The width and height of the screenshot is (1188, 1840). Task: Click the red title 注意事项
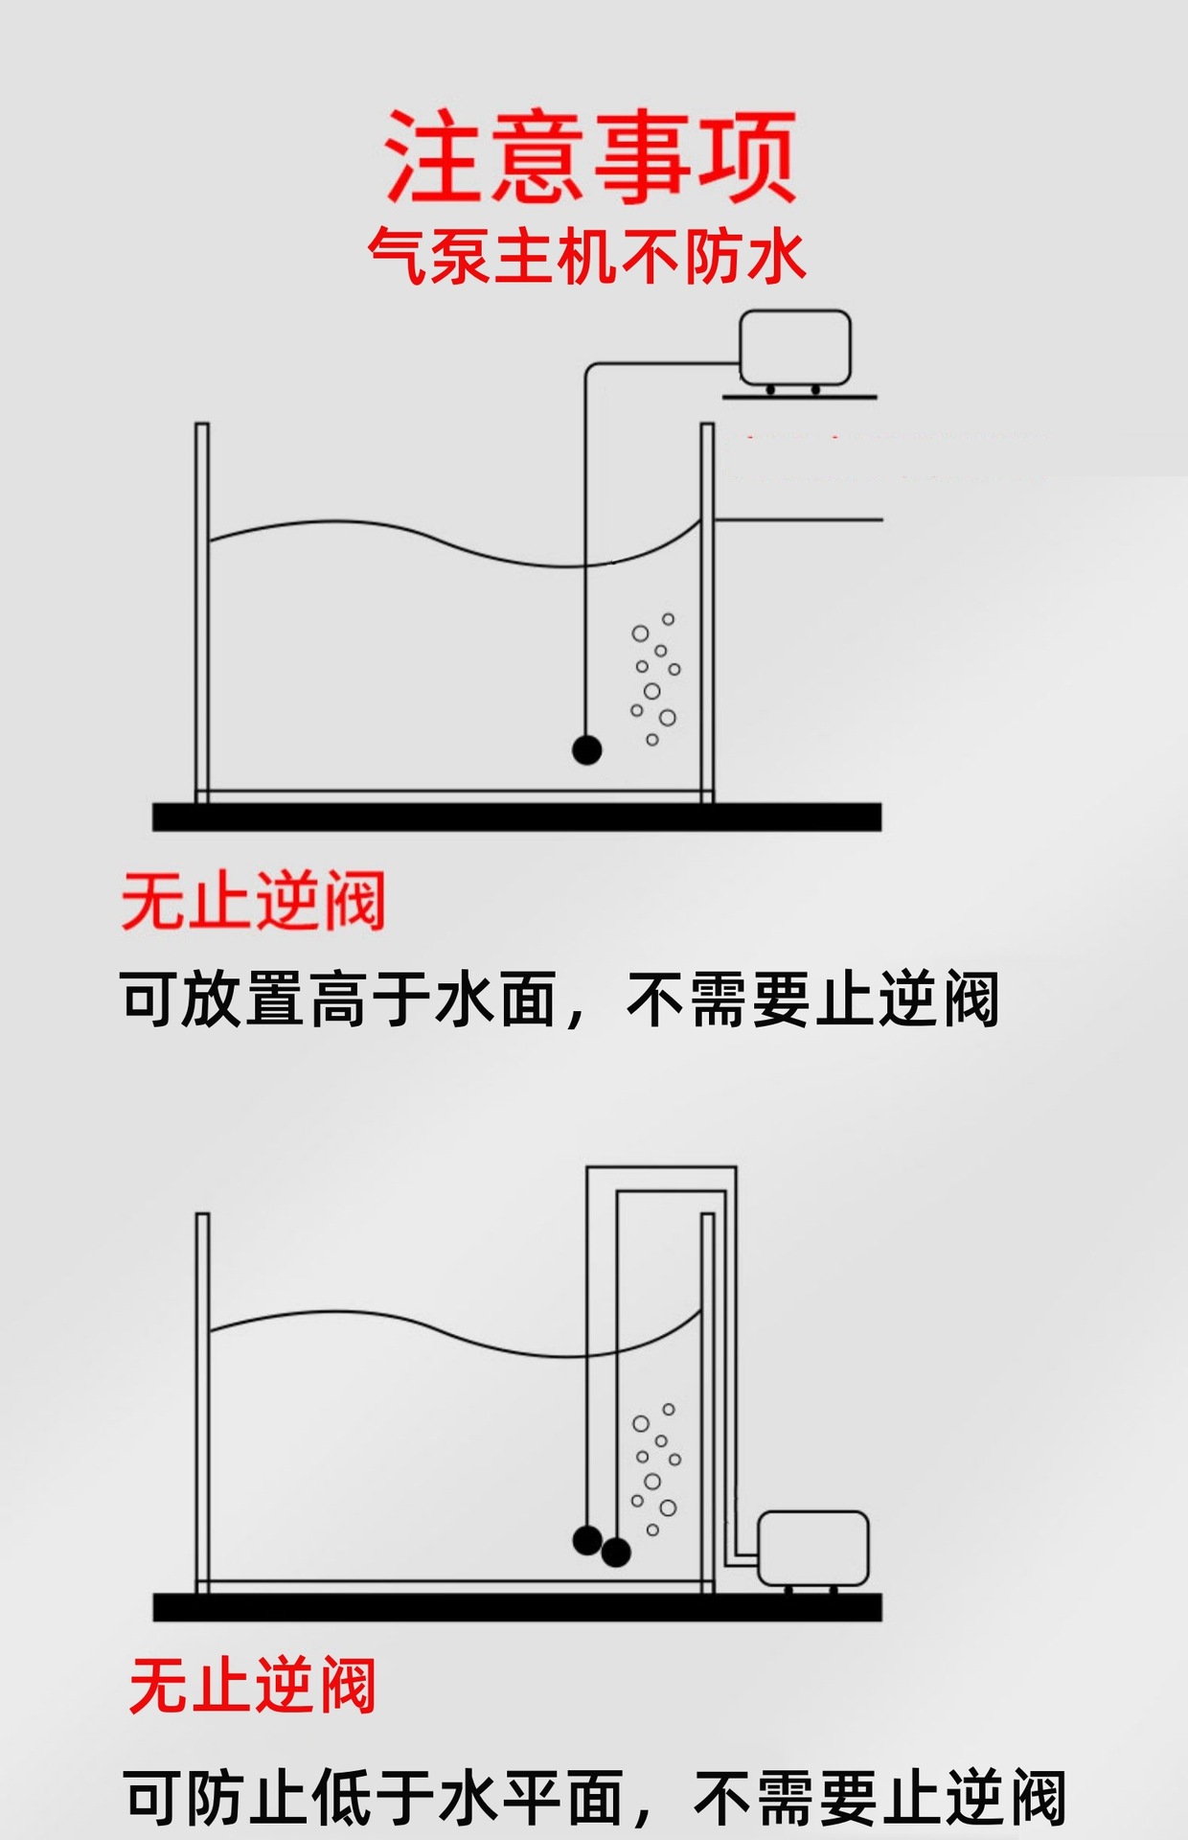[x=590, y=155]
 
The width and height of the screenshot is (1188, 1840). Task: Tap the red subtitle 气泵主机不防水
[x=586, y=257]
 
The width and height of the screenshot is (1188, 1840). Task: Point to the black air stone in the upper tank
[x=586, y=749]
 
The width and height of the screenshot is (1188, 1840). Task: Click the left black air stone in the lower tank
[x=586, y=1539]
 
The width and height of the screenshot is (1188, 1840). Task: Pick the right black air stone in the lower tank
[x=616, y=1551]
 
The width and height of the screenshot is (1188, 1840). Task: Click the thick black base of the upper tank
[x=516, y=816]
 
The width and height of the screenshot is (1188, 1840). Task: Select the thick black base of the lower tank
[x=516, y=1607]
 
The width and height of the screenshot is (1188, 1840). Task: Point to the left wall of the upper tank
[x=202, y=613]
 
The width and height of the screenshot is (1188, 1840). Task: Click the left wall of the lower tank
[x=202, y=1399]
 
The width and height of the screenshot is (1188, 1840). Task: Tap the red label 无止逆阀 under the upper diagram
[x=253, y=901]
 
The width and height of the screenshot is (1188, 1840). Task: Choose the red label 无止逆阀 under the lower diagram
[x=252, y=1686]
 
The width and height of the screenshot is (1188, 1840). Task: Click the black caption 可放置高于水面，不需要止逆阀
[x=560, y=1000]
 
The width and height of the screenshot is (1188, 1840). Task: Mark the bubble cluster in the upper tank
[x=654, y=678]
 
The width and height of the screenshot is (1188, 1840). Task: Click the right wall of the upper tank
[x=707, y=613]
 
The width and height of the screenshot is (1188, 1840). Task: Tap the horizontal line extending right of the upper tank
[x=798, y=520]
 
